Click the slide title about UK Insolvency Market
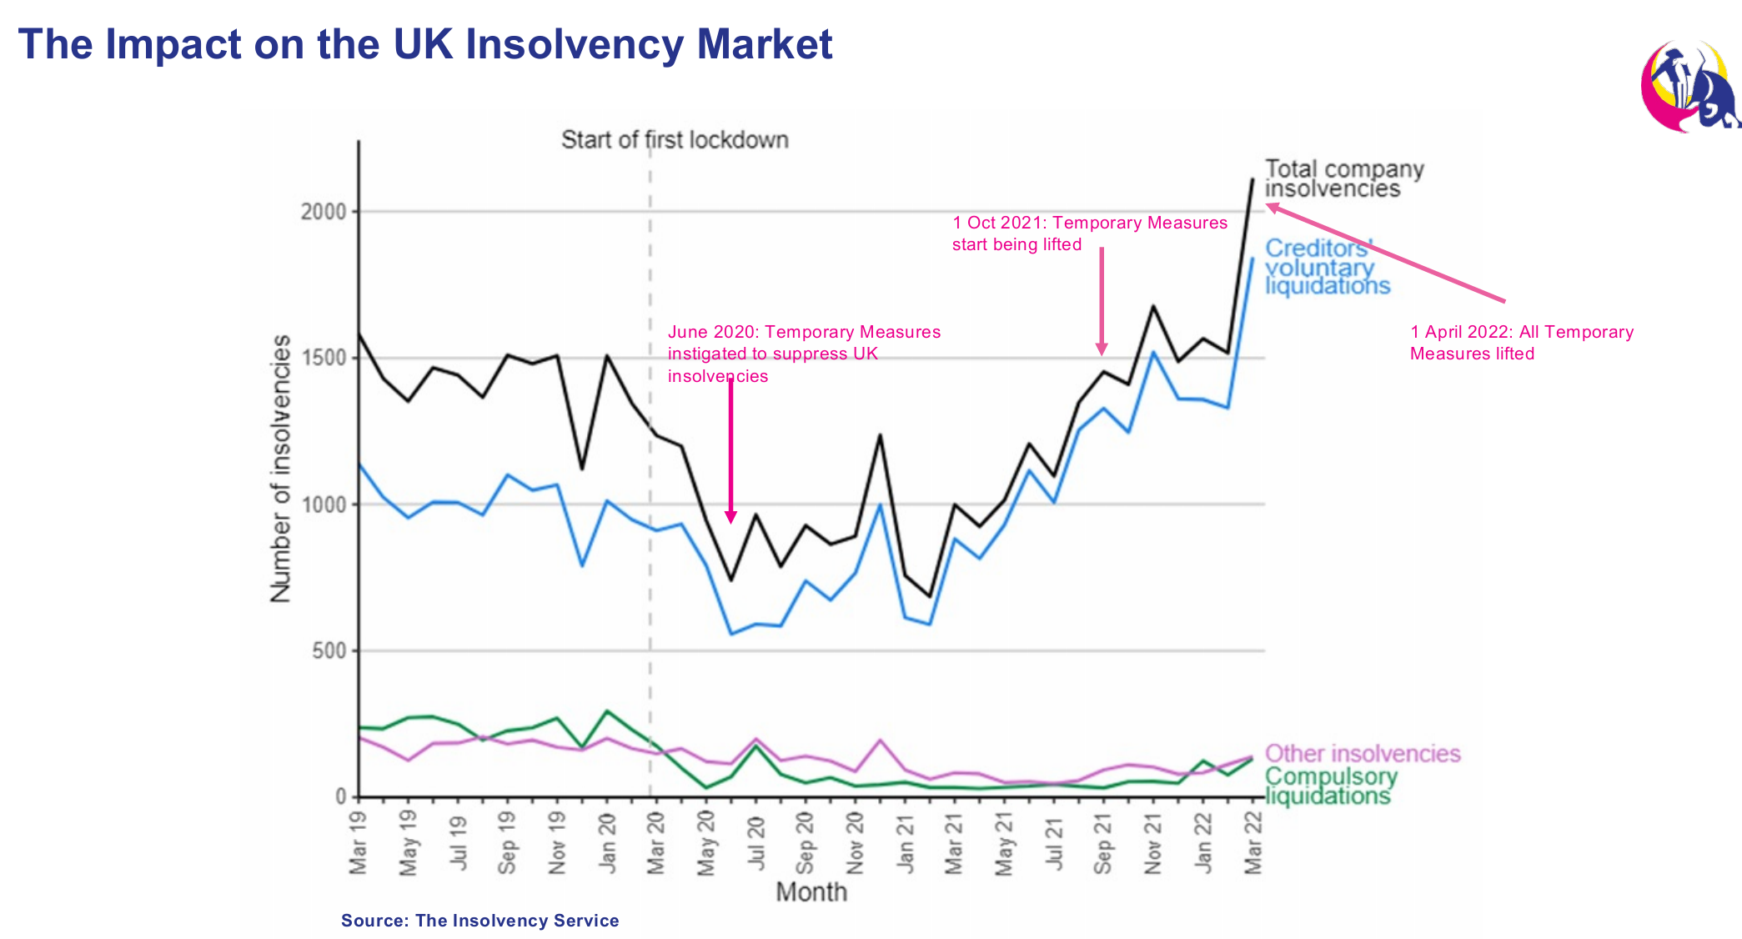click(425, 44)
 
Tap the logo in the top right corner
click(1689, 87)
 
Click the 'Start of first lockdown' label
click(675, 139)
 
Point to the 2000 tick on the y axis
click(324, 212)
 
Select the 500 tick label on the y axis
click(329, 651)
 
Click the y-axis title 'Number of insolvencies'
click(281, 468)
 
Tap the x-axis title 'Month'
click(811, 891)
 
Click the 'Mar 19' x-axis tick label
click(359, 843)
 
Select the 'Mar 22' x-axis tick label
click(1253, 843)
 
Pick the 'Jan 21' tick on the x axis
click(906, 845)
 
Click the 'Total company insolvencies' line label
click(1343, 178)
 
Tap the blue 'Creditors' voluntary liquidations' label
click(1327, 267)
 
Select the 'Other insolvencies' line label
click(1363, 753)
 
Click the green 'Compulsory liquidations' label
click(1330, 786)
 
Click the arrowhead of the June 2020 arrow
click(730, 517)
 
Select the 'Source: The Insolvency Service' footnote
click(479, 921)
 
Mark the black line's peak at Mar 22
click(1253, 179)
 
